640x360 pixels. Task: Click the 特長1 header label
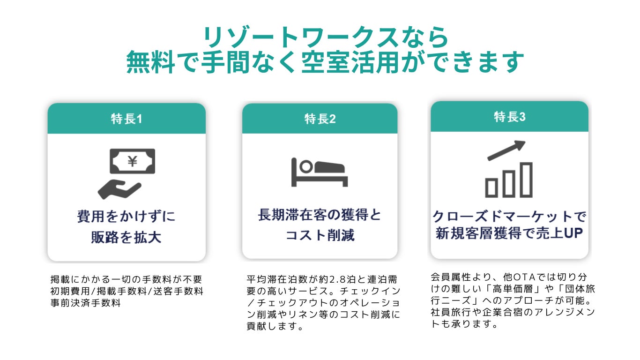[x=127, y=119]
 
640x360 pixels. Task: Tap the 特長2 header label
[x=320, y=119]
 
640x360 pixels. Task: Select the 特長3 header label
[x=510, y=117]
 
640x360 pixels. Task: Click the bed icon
[x=320, y=171]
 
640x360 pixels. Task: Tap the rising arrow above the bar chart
[x=506, y=150]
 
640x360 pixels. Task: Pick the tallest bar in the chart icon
[x=526, y=179]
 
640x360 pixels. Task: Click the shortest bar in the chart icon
[x=491, y=187]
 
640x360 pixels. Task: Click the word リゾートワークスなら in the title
[x=326, y=37]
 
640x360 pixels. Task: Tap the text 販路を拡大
[x=127, y=237]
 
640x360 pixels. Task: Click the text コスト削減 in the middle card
[x=320, y=235]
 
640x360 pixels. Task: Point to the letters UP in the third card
[x=572, y=233]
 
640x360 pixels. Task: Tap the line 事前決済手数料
[x=85, y=303]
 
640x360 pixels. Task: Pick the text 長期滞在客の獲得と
[x=320, y=215]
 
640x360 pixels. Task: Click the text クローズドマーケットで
[x=509, y=217]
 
